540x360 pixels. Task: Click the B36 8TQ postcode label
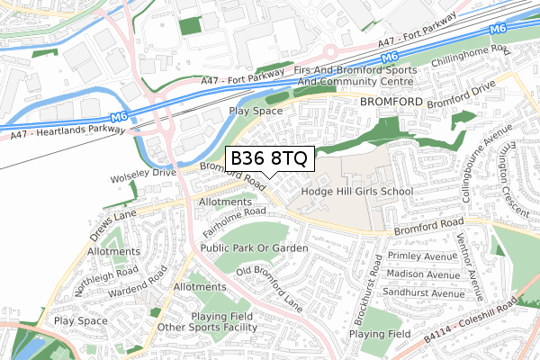pos(269,158)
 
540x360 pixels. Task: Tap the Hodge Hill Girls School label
pos(356,192)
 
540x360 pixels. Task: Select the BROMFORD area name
pos(391,103)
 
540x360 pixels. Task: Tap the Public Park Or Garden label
pos(255,247)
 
